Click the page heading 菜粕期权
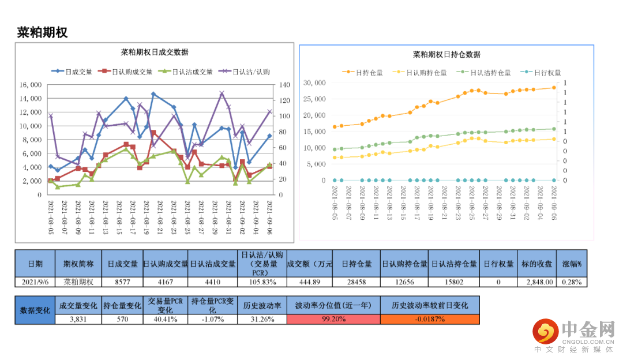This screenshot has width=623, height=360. tap(43, 33)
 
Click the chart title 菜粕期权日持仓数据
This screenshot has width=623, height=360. tap(446, 55)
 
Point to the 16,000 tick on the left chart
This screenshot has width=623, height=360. tap(30, 84)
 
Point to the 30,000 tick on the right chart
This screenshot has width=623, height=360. tap(314, 83)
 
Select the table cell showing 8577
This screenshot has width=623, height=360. tap(123, 282)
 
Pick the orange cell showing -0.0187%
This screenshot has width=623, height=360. tap(429, 318)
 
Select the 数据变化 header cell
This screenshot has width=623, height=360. tap(35, 310)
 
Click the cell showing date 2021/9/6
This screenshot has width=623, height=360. tap(35, 282)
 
